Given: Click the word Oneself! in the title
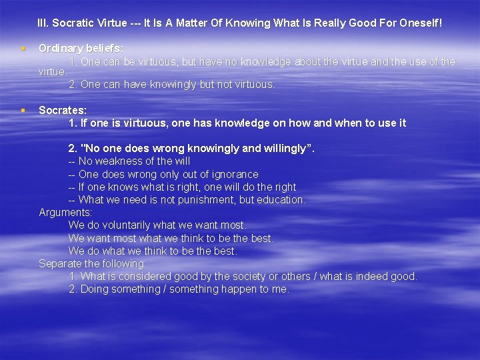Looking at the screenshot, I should coord(419,23).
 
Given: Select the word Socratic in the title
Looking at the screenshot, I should coord(73,23).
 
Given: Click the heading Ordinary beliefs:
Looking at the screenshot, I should coord(81,49).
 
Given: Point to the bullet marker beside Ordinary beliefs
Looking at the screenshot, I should coord(23,49).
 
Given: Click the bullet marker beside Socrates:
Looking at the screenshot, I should coord(23,110).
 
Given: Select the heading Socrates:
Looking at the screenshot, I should coord(63,110).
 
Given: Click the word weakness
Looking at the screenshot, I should coord(115,161).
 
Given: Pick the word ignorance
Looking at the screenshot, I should coord(233,174).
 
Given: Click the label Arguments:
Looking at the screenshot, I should coord(65,213).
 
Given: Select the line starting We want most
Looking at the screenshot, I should coord(171,238).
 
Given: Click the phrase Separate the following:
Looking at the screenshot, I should coord(92,264).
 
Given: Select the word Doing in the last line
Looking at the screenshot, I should coord(93,289).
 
